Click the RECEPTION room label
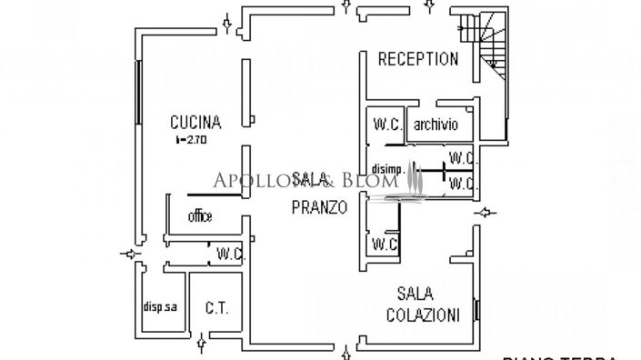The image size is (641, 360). (x=417, y=59)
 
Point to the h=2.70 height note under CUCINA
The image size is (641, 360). (x=192, y=141)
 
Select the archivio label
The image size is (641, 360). (x=436, y=125)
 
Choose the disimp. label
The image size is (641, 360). (x=386, y=167)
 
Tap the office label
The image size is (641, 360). (x=199, y=216)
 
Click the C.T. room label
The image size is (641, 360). (x=216, y=307)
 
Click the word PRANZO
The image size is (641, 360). (x=318, y=206)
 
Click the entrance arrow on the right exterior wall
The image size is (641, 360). (x=487, y=214)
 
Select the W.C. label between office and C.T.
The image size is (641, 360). (x=225, y=255)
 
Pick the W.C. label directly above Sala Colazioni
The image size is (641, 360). (x=384, y=244)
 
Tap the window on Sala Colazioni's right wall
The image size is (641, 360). (x=476, y=311)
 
